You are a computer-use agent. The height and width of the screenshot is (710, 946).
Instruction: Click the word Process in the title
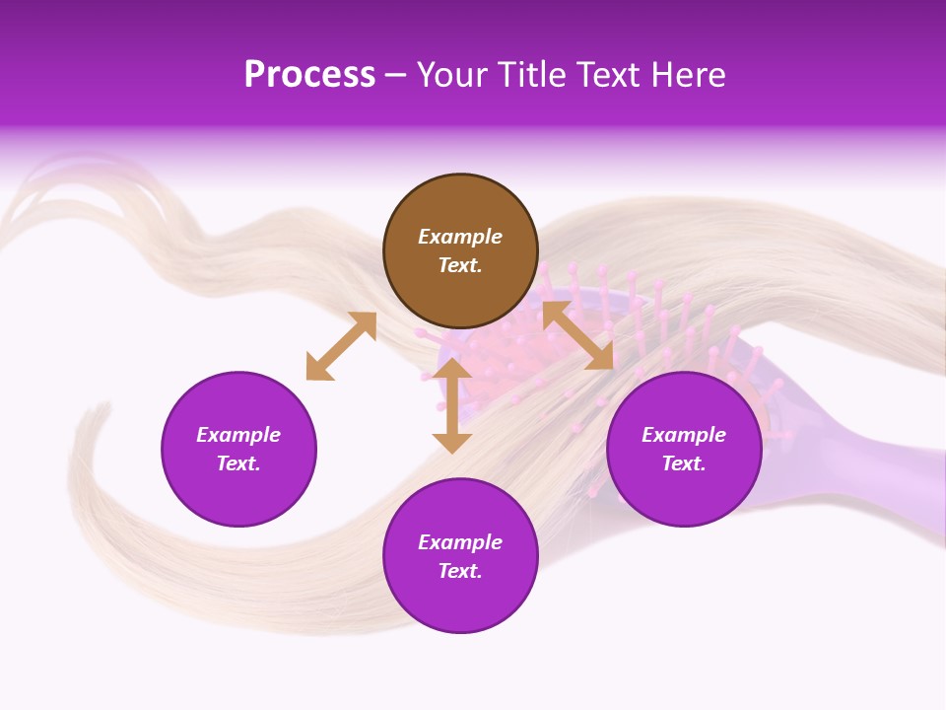309,75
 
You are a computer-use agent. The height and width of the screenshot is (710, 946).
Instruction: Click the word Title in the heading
533,75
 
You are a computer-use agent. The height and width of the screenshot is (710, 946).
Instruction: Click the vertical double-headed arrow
452,405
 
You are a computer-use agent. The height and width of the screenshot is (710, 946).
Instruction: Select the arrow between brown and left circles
341,346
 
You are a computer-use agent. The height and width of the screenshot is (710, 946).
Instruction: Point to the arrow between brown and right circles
577,335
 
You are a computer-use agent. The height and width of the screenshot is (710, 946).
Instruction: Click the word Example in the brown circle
460,237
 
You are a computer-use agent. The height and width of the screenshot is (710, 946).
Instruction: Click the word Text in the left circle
238,463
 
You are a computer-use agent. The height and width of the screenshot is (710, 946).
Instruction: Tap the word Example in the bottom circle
460,542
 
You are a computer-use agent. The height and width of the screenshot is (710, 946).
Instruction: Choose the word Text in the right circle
684,463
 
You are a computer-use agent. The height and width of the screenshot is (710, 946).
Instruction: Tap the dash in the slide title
395,76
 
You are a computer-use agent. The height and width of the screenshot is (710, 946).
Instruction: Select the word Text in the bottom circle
460,571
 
